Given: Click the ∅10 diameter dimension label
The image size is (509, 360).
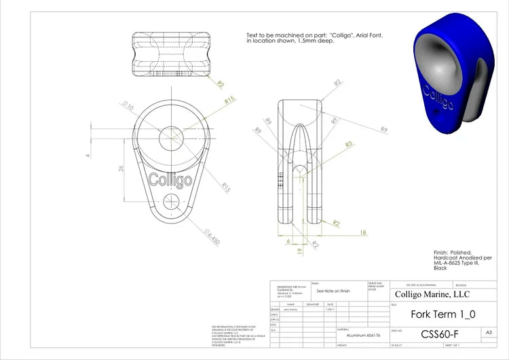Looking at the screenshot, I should pos(127,106).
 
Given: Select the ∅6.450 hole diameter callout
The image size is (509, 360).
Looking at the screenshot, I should pos(213,238).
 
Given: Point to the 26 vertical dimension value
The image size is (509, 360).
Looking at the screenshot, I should pos(121,168).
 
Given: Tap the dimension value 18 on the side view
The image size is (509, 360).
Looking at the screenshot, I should pos(363,232).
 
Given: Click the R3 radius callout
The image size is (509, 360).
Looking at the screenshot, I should pos(349,144).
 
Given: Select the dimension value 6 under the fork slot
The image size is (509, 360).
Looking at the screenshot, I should pos(288,241).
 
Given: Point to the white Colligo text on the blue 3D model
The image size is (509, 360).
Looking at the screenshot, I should pos(437,98).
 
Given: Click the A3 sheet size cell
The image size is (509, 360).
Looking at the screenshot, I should pos(489,332).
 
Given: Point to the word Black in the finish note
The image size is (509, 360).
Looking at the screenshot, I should pos(440,268).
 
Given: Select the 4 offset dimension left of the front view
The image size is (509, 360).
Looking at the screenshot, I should pos(87,156).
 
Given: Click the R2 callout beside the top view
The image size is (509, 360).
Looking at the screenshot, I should pos(221,84).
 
